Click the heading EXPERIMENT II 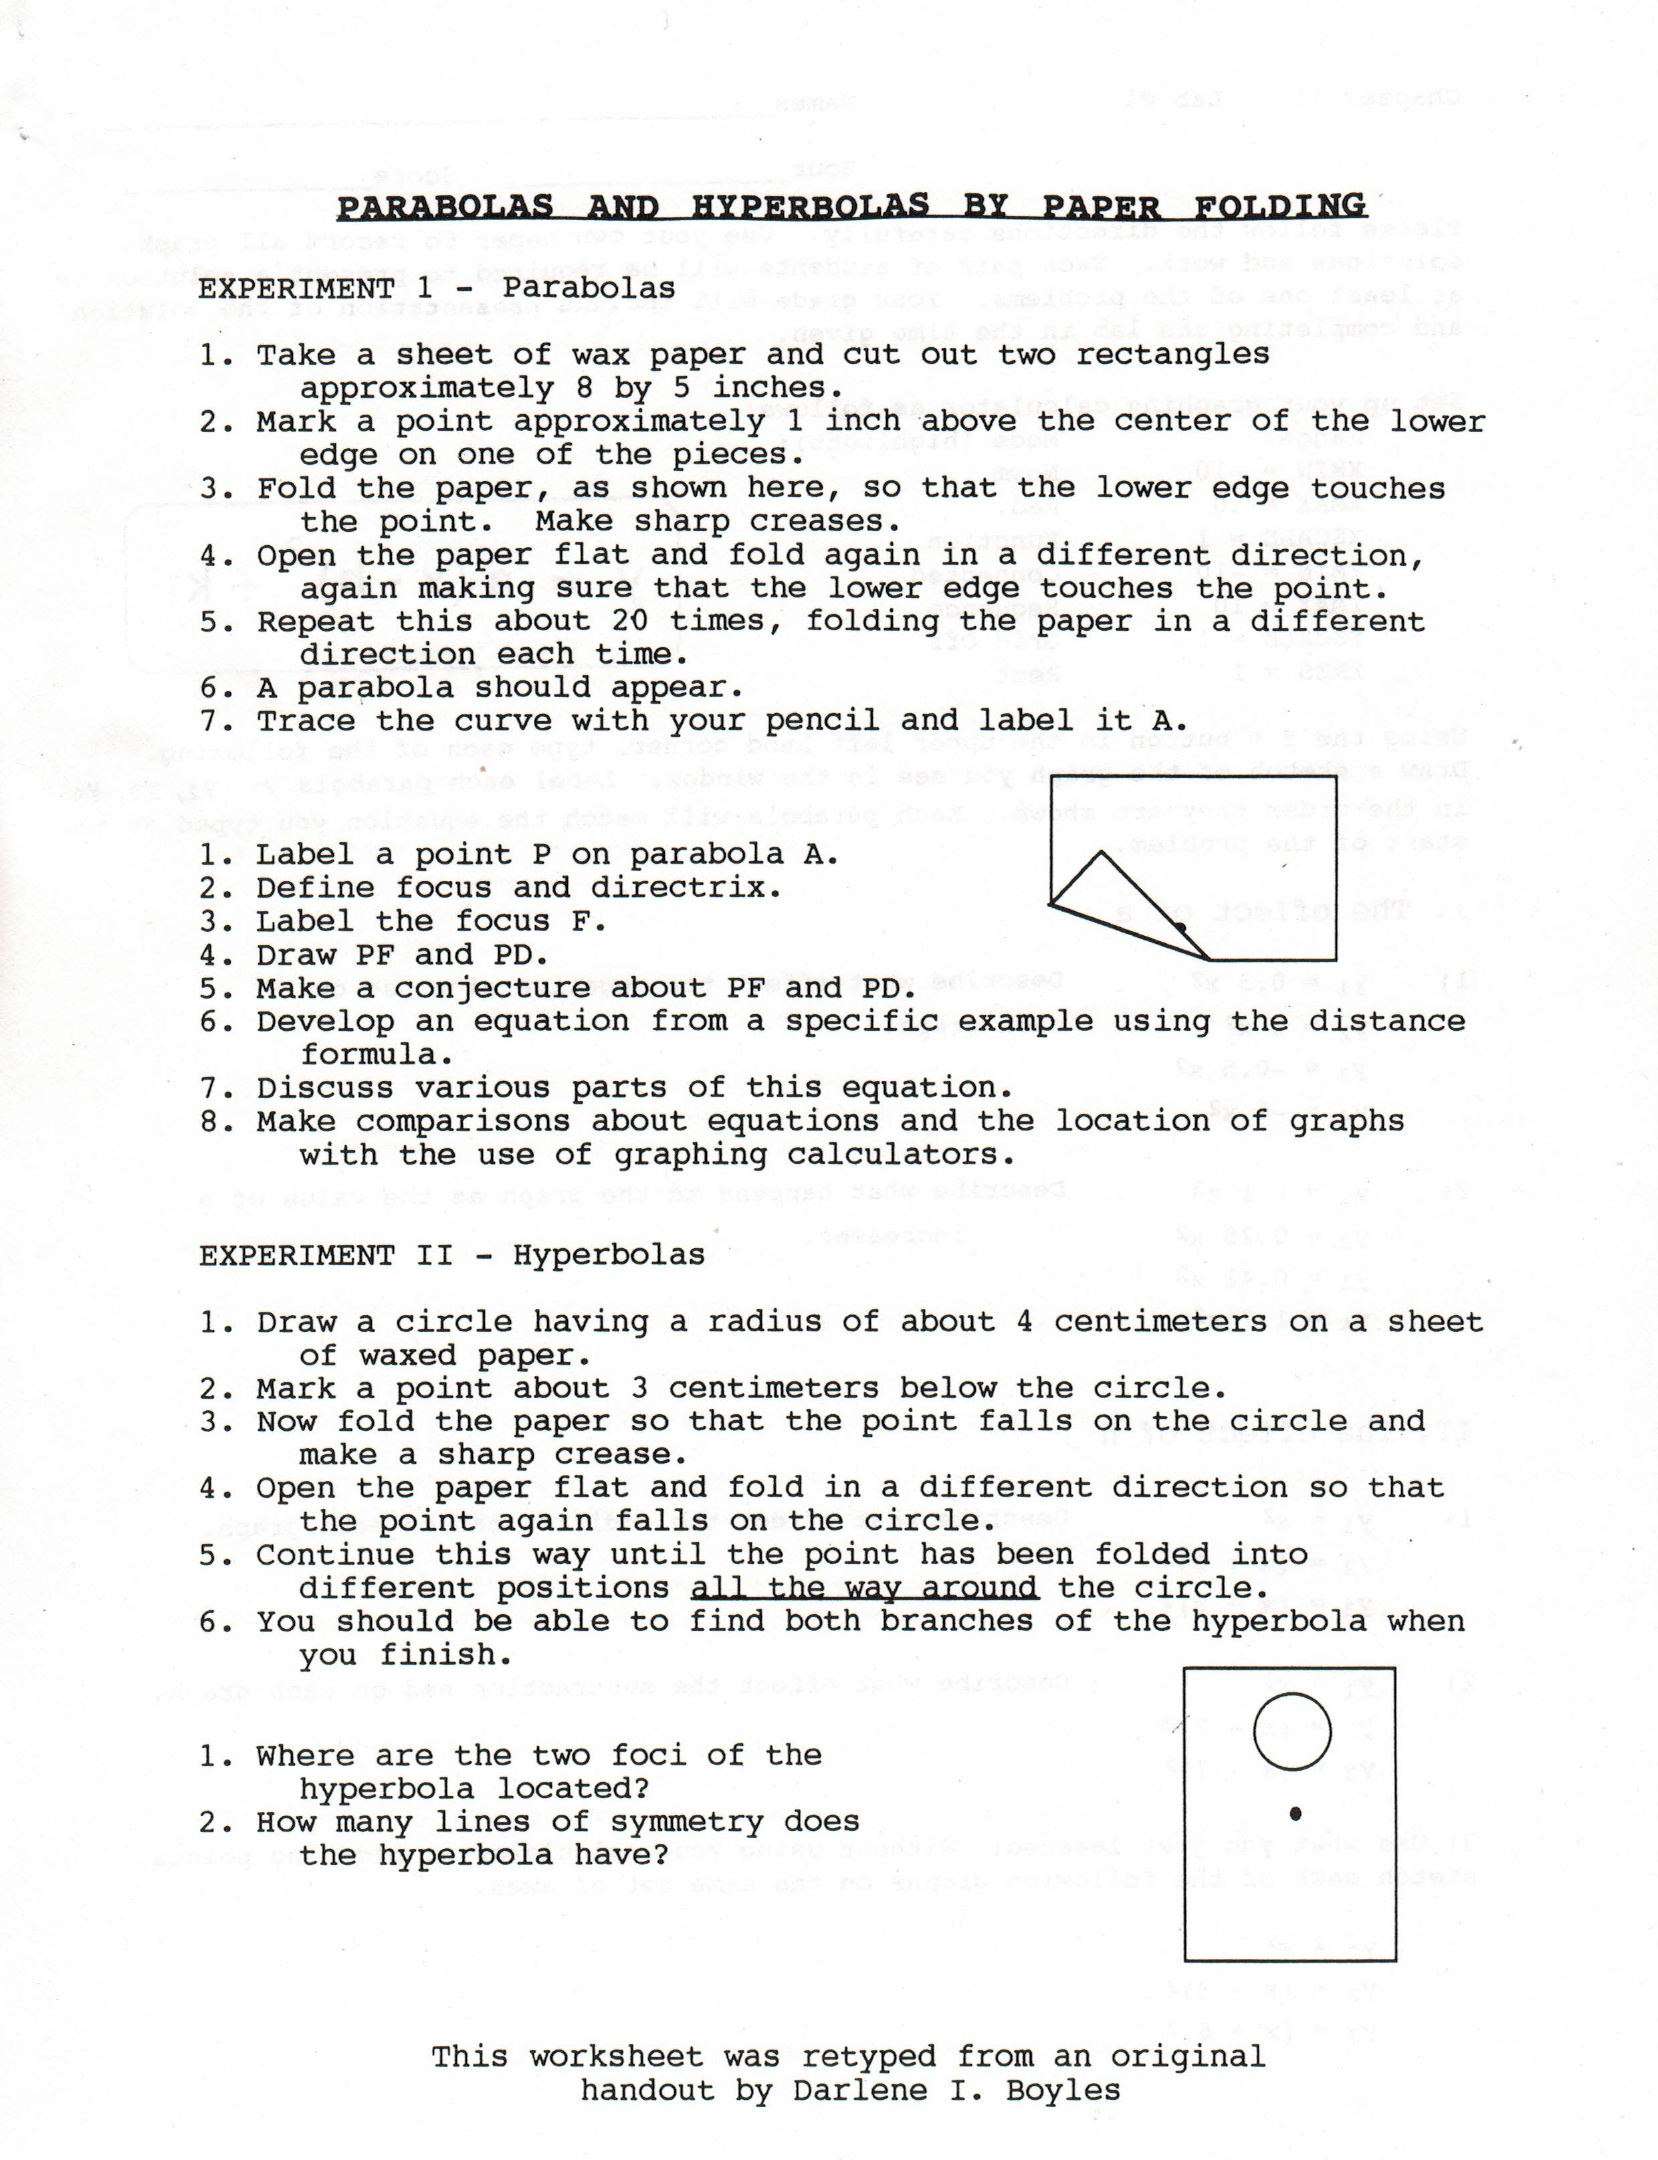pyautogui.click(x=326, y=1255)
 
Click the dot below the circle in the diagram pyautogui.click(x=1296, y=1813)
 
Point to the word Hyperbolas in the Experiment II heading pyautogui.click(x=608, y=1255)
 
